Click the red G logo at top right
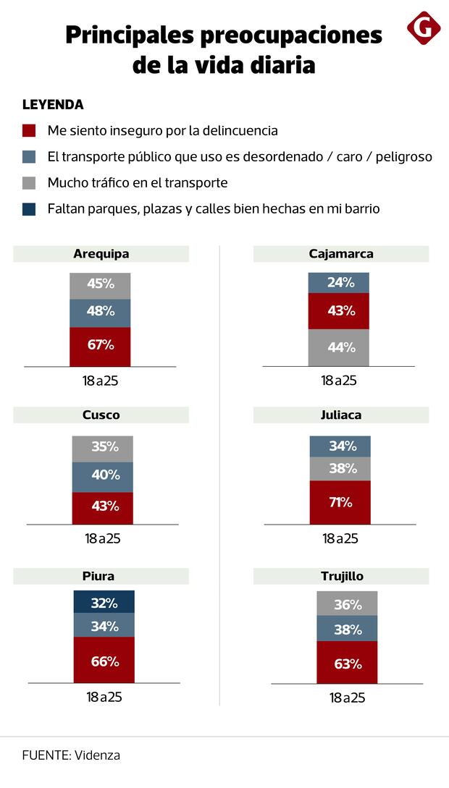click(x=424, y=28)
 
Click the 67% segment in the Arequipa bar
click(x=100, y=346)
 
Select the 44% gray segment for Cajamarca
click(x=338, y=347)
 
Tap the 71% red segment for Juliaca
click(x=340, y=502)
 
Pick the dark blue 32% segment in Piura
click(x=104, y=602)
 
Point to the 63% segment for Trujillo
click(x=347, y=662)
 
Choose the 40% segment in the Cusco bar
click(x=102, y=476)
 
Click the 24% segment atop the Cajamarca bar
click(x=338, y=283)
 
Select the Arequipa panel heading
click(x=101, y=254)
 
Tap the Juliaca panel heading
click(x=340, y=415)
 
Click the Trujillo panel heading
click(x=341, y=577)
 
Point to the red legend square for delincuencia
click(x=29, y=131)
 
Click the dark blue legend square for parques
click(x=29, y=209)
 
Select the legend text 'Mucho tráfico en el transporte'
click(x=138, y=183)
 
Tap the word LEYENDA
click(x=53, y=105)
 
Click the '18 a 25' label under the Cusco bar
click(x=102, y=538)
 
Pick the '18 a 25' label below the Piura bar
click(x=103, y=697)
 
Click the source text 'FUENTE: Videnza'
click(x=71, y=755)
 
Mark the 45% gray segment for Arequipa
click(x=100, y=284)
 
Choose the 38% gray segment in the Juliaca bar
click(x=340, y=468)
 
